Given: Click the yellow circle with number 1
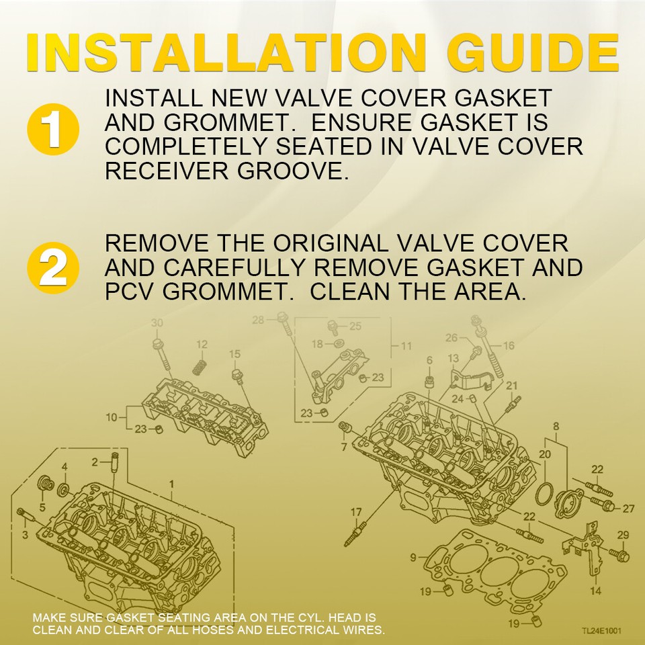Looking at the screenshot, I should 53,128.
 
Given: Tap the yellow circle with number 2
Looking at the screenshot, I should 53,268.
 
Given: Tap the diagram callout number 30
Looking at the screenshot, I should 157,324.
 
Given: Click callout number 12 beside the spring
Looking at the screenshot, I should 202,344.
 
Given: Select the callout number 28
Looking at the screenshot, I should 259,320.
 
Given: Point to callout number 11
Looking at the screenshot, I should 406,346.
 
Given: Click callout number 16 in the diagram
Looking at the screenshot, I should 508,345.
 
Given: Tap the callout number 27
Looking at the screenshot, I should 628,508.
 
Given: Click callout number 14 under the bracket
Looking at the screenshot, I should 596,591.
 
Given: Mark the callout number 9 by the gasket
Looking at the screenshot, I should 413,557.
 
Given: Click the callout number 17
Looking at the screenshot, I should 356,513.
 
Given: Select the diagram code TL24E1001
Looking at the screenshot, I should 602,631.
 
